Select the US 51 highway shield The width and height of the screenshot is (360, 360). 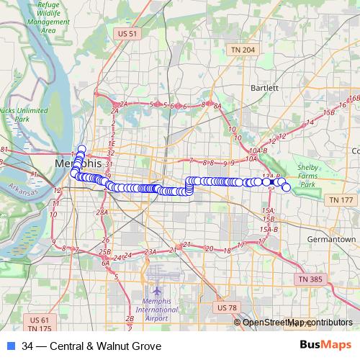coord(127,33)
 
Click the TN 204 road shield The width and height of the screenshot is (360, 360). coord(243,49)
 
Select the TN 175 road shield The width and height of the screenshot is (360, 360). coord(40,329)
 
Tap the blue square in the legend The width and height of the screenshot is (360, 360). coord(10,346)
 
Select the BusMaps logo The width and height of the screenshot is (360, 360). coord(326,346)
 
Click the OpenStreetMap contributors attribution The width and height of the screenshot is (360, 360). coord(297,323)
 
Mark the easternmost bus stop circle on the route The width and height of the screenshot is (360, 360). coord(287,188)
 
